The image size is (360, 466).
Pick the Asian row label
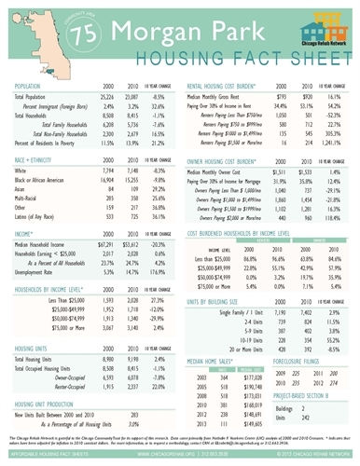[x=26, y=162]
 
